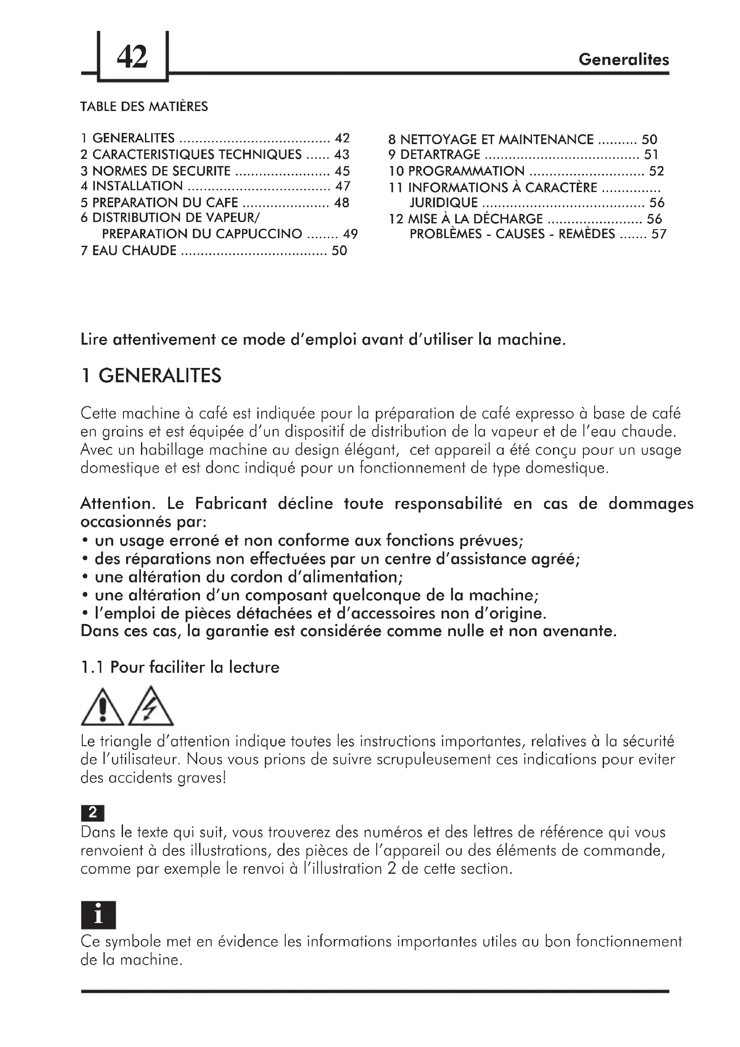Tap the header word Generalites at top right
[x=623, y=59]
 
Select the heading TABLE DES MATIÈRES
[x=144, y=107]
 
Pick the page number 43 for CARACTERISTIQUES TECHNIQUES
[x=342, y=154]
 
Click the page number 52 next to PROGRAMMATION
[x=656, y=171]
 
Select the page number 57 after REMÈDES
[x=659, y=235]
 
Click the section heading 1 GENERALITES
[x=151, y=376]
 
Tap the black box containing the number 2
[x=93, y=812]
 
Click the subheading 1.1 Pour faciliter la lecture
[x=180, y=667]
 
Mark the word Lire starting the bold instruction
[x=93, y=340]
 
